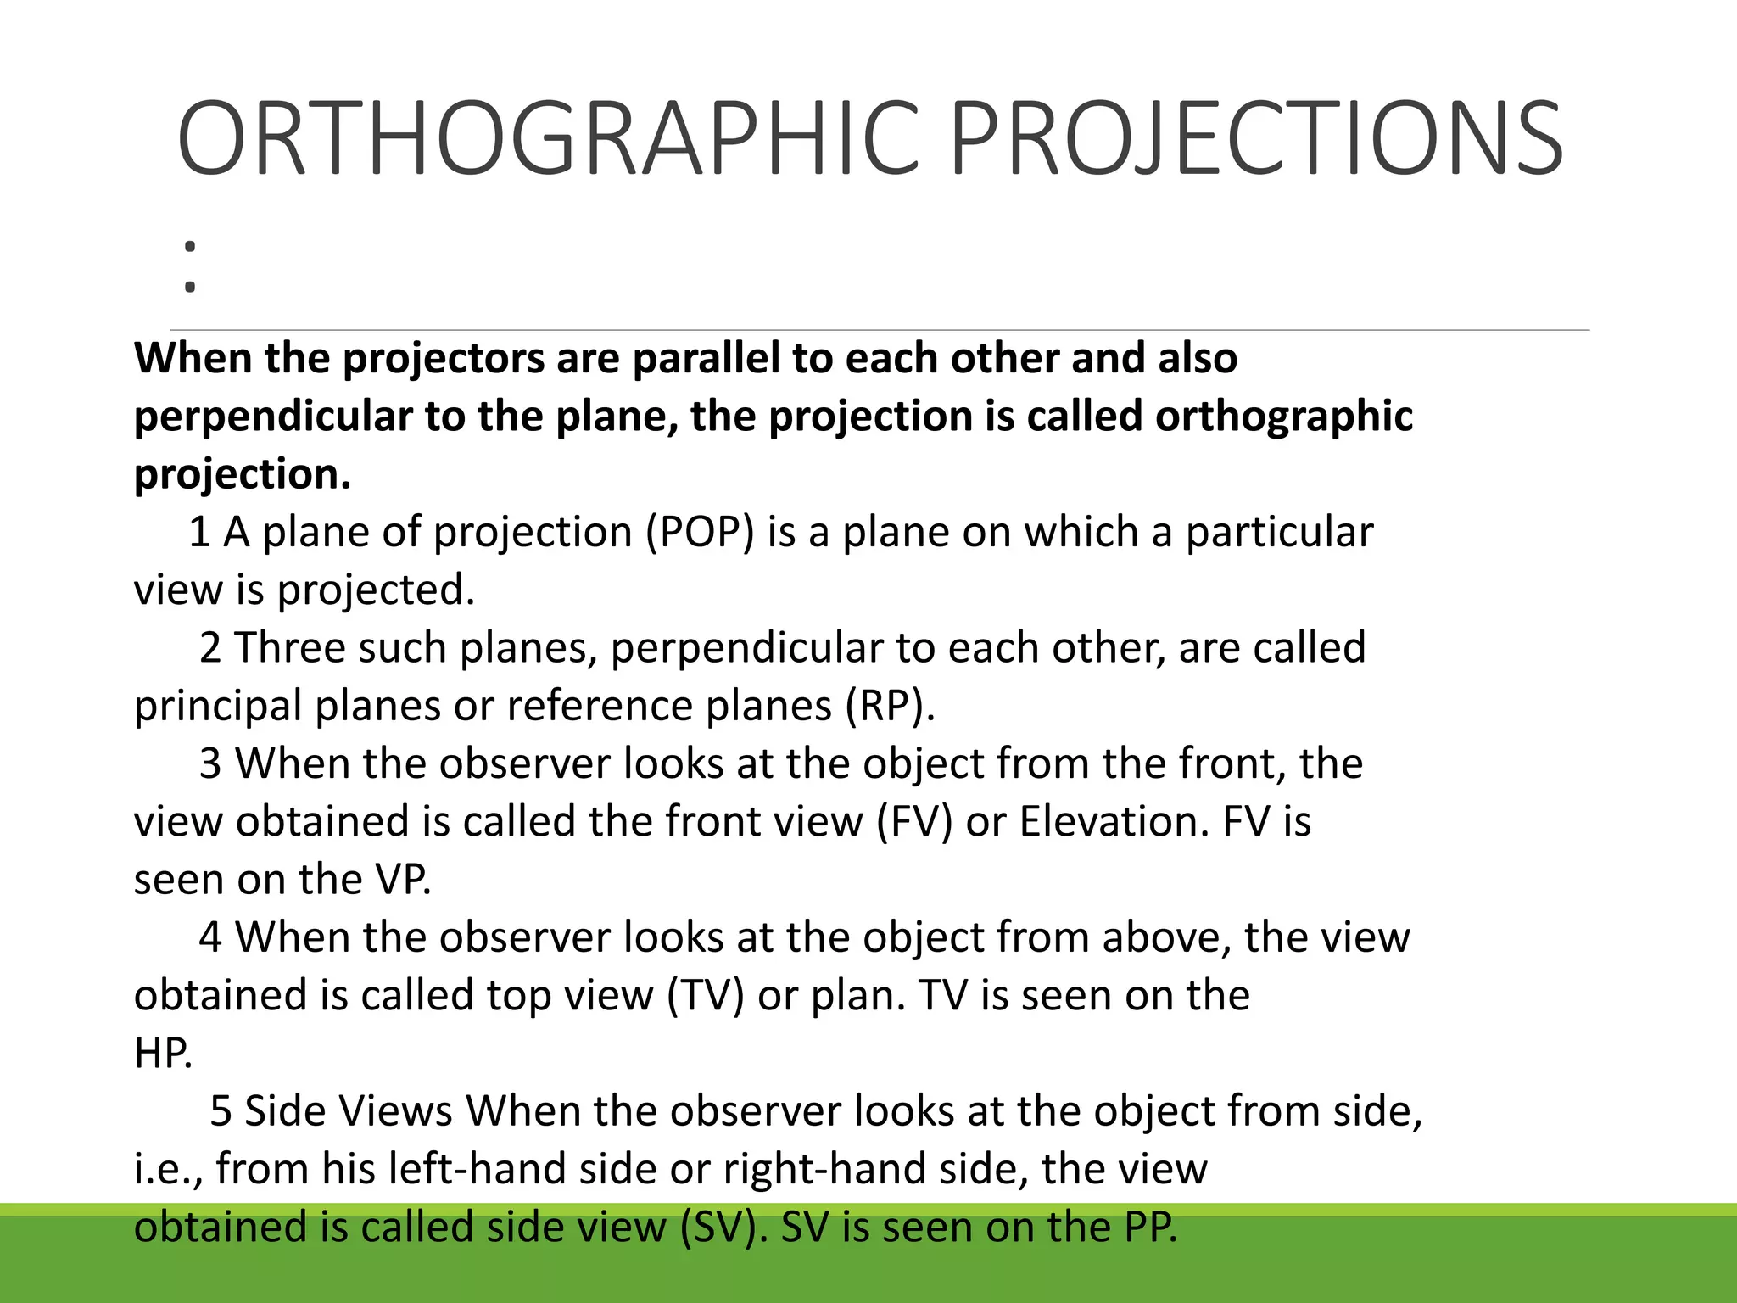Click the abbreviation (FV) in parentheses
(915, 821)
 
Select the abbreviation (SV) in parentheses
(723, 1227)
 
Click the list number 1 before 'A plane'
(199, 533)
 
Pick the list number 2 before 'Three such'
(210, 648)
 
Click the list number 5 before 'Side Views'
(221, 1111)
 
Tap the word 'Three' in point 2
(289, 648)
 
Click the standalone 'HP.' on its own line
(163, 1053)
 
